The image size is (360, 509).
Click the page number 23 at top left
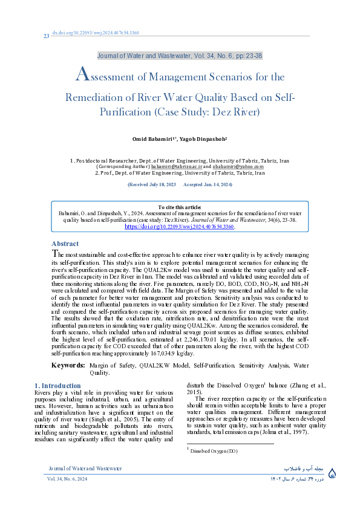point(46,36)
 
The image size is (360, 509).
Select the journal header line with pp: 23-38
point(180,56)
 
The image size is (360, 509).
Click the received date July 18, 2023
point(151,184)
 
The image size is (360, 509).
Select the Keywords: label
point(68,365)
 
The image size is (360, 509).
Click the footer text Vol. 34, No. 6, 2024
point(67,479)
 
